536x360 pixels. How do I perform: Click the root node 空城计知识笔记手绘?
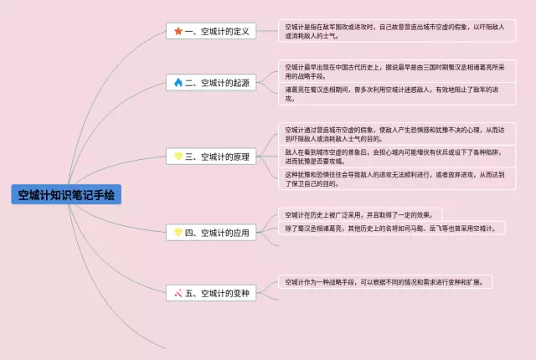tap(65, 195)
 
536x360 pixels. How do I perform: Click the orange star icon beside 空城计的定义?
tap(178, 32)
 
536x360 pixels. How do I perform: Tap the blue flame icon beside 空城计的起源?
tap(178, 82)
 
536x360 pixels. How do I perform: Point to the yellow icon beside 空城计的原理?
tap(178, 156)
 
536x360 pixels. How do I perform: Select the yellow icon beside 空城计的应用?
tap(178, 232)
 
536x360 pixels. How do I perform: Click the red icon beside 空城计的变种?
tap(178, 293)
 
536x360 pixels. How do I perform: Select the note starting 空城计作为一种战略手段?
tap(386, 282)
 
